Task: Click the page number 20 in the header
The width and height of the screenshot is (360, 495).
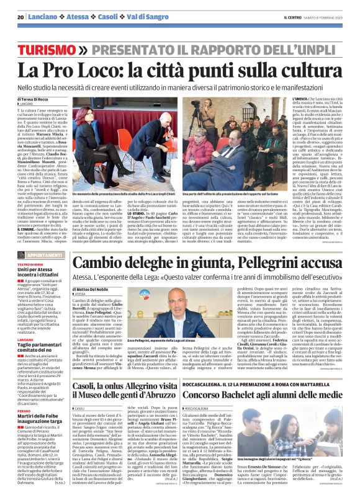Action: (20, 17)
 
